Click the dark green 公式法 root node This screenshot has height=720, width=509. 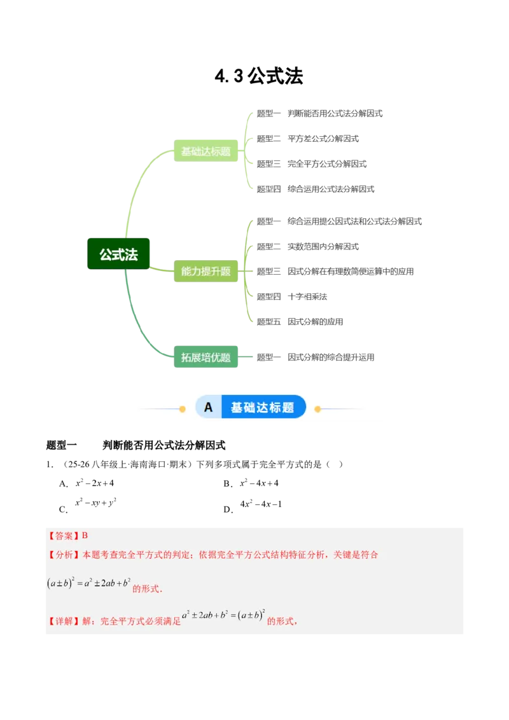(119, 254)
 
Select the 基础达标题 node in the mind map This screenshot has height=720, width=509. (206, 151)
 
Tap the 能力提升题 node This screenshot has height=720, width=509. (206, 272)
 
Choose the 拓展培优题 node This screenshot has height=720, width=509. (206, 357)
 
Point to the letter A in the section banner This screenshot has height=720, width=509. (208, 408)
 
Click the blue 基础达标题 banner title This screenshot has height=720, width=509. (262, 408)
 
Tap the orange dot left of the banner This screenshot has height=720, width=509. (182, 408)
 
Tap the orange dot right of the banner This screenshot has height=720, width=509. (317, 408)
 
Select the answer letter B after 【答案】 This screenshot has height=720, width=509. (85, 536)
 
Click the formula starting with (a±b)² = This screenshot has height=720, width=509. (88, 583)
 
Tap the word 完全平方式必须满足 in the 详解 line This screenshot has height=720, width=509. (140, 621)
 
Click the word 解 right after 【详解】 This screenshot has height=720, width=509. (87, 621)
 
